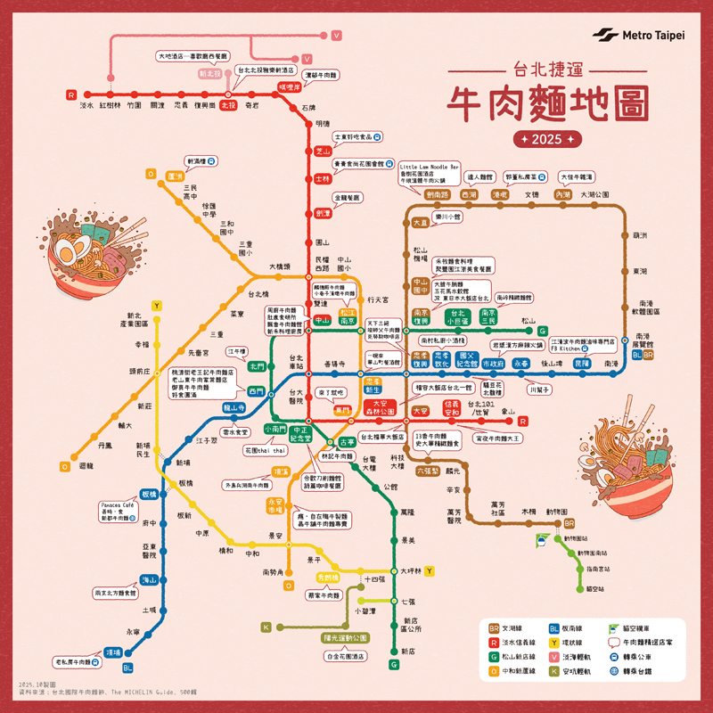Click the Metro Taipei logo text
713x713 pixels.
tap(654, 36)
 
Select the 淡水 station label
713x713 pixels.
tap(86, 105)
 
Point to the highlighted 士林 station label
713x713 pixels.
tap(323, 178)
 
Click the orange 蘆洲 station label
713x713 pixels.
tap(175, 176)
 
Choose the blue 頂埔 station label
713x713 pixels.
tap(112, 652)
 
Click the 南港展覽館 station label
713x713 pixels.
tap(644, 340)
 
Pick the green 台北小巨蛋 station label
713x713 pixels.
tap(456, 316)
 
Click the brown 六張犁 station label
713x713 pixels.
tap(427, 471)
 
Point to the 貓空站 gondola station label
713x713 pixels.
tap(596, 588)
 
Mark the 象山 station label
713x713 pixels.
tap(509, 412)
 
